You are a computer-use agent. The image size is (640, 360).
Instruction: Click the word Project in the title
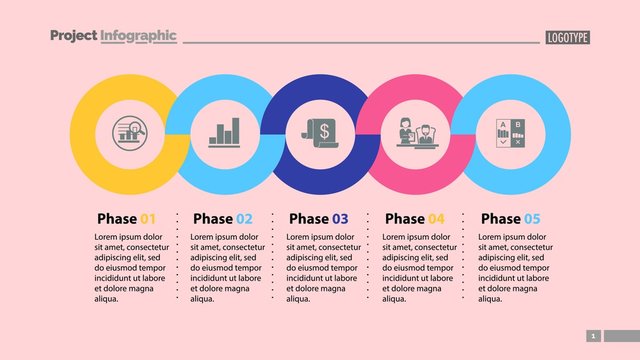(x=73, y=36)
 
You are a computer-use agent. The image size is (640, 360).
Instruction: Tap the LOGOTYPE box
(x=568, y=37)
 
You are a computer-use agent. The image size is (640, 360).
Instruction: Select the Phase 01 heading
(x=126, y=218)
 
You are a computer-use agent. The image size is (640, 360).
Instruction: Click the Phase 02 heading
(x=222, y=218)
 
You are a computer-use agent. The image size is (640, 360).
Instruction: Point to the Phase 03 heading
(x=318, y=218)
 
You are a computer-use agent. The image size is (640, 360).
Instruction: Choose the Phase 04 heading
(x=414, y=218)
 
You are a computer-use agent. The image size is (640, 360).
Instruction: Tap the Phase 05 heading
(x=510, y=218)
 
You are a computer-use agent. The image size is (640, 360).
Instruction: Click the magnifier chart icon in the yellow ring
(x=128, y=132)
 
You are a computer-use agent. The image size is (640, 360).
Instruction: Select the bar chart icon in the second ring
(x=224, y=132)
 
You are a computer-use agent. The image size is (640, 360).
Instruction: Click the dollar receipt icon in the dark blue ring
(x=320, y=132)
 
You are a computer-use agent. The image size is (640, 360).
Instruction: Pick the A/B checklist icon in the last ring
(x=511, y=132)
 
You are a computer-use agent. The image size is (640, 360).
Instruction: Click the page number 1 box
(x=593, y=336)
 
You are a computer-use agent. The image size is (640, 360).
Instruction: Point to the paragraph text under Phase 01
(x=129, y=267)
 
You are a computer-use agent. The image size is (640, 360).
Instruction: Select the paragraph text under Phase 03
(x=321, y=267)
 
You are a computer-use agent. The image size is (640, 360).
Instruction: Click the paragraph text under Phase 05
(x=513, y=267)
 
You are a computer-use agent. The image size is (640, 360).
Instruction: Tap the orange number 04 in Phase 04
(x=436, y=218)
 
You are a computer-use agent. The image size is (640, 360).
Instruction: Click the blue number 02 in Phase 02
(x=244, y=218)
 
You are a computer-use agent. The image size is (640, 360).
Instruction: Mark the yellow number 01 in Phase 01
(x=148, y=218)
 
